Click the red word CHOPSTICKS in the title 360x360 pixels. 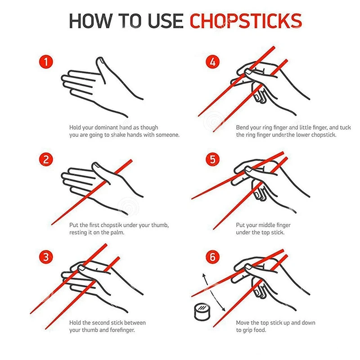point(246,21)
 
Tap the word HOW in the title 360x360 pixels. point(90,21)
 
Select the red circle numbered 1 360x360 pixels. point(46,62)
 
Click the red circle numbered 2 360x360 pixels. point(46,159)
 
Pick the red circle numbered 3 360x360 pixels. point(46,257)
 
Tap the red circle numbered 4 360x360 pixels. point(212,62)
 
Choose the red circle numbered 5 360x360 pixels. point(212,159)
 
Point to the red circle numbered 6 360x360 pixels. point(212,257)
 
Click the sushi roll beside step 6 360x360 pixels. point(202,311)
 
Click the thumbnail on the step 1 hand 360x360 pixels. point(100,60)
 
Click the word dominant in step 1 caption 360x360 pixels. point(106,128)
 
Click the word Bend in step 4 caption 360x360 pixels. point(242,128)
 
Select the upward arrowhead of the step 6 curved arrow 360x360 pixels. point(204,275)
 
